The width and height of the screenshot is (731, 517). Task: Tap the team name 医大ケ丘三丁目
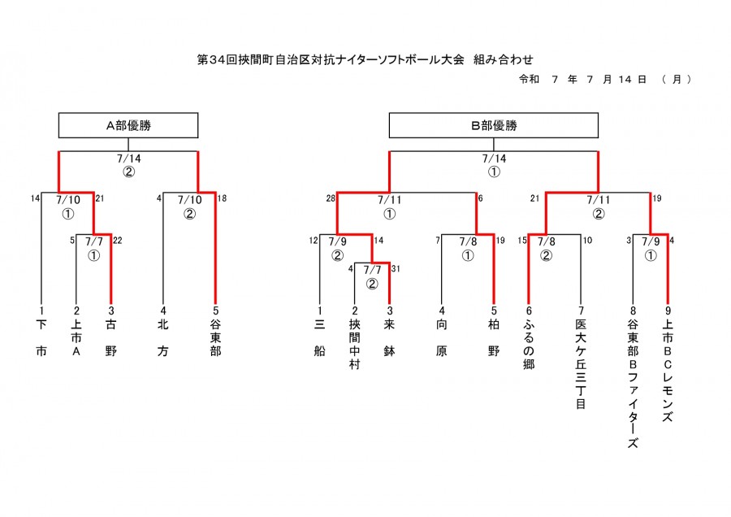(581, 364)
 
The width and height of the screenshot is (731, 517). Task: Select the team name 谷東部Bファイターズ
(633, 383)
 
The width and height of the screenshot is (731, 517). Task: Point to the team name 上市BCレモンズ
(668, 371)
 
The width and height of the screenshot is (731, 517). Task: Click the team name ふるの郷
(529, 344)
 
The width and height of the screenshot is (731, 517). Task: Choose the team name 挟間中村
(354, 344)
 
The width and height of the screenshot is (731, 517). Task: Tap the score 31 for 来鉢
(396, 269)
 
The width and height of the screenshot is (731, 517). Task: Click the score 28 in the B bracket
(331, 199)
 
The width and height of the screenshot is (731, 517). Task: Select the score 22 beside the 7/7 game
(118, 241)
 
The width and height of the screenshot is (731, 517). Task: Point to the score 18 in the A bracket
(222, 198)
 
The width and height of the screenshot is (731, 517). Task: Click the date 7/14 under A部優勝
(128, 159)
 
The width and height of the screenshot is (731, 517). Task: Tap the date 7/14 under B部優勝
(494, 159)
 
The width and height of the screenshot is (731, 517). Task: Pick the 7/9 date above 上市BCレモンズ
(651, 241)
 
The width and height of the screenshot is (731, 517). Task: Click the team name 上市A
(76, 337)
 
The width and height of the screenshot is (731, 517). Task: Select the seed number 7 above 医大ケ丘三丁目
(581, 311)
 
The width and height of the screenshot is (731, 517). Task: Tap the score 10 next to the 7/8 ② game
(587, 241)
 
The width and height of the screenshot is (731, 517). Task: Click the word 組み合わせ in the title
(503, 59)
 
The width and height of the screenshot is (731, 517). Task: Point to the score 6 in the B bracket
(480, 198)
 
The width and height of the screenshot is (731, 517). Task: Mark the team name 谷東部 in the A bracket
(215, 337)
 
